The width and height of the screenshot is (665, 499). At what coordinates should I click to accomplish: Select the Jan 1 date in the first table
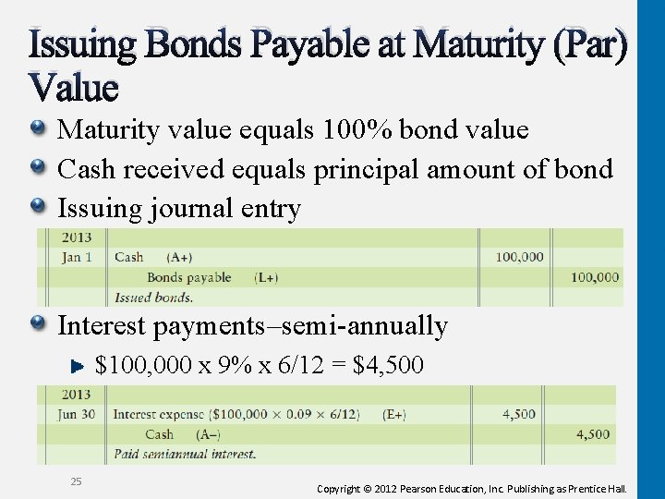(x=77, y=257)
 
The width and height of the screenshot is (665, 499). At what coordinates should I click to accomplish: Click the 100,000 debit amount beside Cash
(x=519, y=257)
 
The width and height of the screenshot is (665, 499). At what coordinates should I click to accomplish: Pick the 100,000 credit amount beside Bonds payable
(x=594, y=277)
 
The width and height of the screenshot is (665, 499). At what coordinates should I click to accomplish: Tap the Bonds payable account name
(x=188, y=277)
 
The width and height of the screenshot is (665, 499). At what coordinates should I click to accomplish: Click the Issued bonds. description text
(x=153, y=298)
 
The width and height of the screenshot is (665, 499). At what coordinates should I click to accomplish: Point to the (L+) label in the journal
(x=266, y=277)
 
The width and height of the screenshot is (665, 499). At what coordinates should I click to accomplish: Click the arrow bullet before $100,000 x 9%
(x=79, y=366)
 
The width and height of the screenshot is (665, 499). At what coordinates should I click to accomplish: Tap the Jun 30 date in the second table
(x=77, y=414)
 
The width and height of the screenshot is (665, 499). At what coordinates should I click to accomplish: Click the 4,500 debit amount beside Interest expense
(x=518, y=414)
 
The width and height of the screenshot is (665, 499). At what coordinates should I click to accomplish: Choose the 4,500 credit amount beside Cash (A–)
(x=592, y=434)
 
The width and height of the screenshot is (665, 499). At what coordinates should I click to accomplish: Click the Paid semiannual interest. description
(x=185, y=454)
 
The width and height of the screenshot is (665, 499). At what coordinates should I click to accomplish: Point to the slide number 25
(x=76, y=481)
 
